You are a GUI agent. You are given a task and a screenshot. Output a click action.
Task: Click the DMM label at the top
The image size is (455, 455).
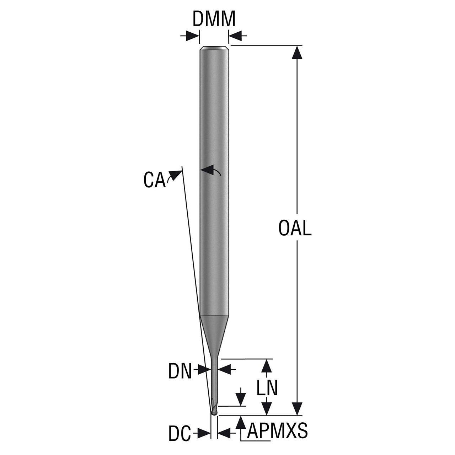(214, 18)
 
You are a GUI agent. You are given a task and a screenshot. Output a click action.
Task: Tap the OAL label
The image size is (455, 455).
(295, 228)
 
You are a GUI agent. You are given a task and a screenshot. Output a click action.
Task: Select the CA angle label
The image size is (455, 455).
(154, 180)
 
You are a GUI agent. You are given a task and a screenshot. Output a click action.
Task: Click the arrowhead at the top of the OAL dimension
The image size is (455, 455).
(297, 52)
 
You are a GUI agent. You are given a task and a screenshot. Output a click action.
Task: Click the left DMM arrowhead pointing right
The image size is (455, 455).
(192, 36)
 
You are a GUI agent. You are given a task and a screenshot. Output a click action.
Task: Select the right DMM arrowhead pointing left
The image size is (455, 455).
(235, 36)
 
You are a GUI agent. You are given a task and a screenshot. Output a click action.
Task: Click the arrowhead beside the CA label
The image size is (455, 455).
(176, 175)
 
